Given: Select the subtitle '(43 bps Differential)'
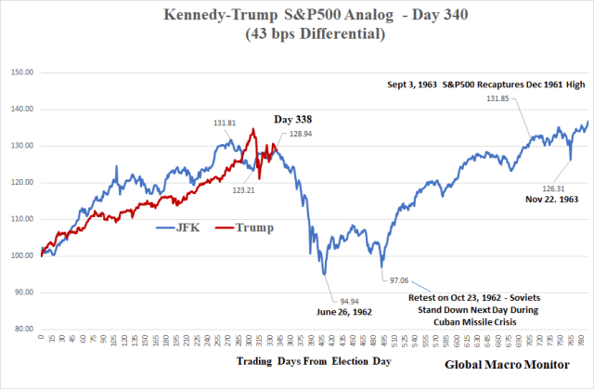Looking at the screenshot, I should [x=298, y=35].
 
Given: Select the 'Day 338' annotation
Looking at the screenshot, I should [x=292, y=120].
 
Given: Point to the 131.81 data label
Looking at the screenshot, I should [x=225, y=123].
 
